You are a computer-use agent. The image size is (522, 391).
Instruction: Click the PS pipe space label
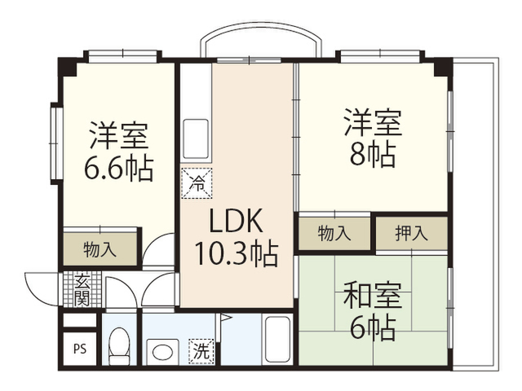80,349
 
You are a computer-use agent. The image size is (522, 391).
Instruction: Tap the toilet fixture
119,346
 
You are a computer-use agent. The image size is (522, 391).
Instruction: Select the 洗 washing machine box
201,351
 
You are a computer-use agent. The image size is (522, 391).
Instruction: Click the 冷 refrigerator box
197,183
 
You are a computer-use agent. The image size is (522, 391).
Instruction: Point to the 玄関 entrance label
82,290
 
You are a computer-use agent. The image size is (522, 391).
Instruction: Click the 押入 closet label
411,233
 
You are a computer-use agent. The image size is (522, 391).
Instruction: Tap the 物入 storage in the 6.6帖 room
100,249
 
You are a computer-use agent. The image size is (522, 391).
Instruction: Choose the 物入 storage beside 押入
334,233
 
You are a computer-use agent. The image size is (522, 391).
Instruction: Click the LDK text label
236,221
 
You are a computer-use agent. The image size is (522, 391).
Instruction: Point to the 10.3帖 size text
236,253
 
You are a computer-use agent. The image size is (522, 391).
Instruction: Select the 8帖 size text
373,155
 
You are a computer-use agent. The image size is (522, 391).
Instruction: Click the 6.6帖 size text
118,168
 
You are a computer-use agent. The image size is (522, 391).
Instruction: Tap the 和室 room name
373,295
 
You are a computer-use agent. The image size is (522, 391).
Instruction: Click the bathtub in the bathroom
277,340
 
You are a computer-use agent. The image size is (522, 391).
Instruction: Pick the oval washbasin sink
162,353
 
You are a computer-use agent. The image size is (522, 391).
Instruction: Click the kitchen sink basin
196,138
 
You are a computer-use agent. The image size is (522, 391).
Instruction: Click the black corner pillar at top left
69,67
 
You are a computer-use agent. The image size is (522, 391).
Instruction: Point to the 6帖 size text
373,328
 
